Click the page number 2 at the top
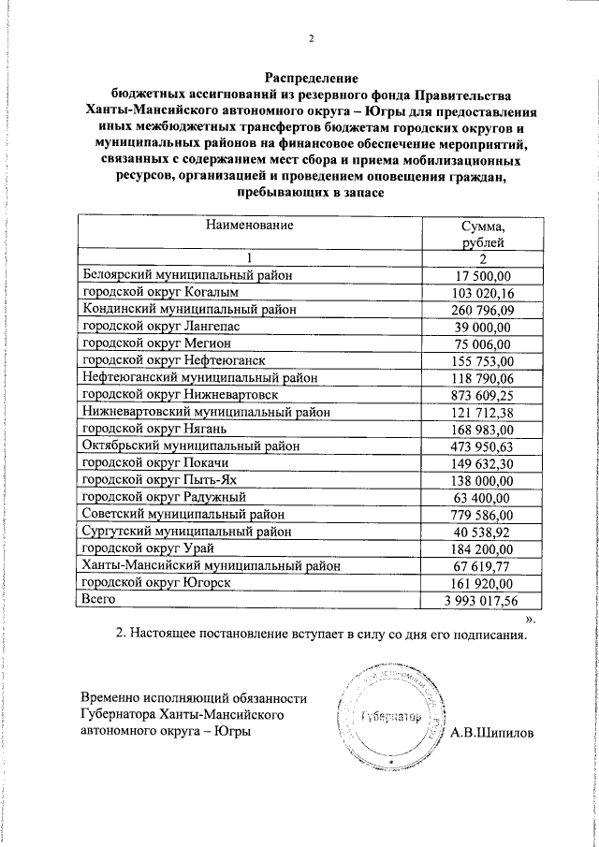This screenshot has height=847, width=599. (311, 39)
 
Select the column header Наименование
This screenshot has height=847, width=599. (250, 226)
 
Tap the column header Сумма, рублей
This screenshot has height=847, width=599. (484, 235)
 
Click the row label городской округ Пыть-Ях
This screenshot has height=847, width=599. (160, 480)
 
